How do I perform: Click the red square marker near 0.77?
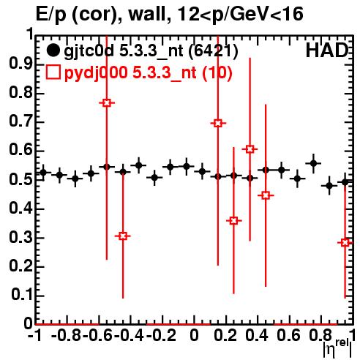pyautogui.click(x=107, y=103)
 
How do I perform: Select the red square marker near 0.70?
pyautogui.click(x=218, y=123)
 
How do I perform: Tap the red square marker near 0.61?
pyautogui.click(x=250, y=149)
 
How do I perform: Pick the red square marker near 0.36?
pyautogui.click(x=233, y=221)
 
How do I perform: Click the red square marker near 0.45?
pyautogui.click(x=266, y=195)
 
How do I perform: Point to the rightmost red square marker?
pyautogui.click(x=345, y=242)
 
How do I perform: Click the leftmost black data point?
pyautogui.click(x=43, y=173)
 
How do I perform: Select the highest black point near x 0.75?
pyautogui.click(x=313, y=163)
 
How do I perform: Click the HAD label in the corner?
pyautogui.click(x=326, y=50)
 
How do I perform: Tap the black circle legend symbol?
pyautogui.click(x=53, y=50)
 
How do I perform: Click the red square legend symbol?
pyautogui.click(x=53, y=72)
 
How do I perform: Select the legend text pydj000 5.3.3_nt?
pyautogui.click(x=130, y=72)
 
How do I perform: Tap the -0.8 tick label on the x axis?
pyautogui.click(x=67, y=335)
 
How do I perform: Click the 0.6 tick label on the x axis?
pyautogui.click(x=288, y=335)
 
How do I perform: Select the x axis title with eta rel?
pyautogui.click(x=337, y=348)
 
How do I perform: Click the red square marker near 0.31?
pyautogui.click(x=123, y=236)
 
